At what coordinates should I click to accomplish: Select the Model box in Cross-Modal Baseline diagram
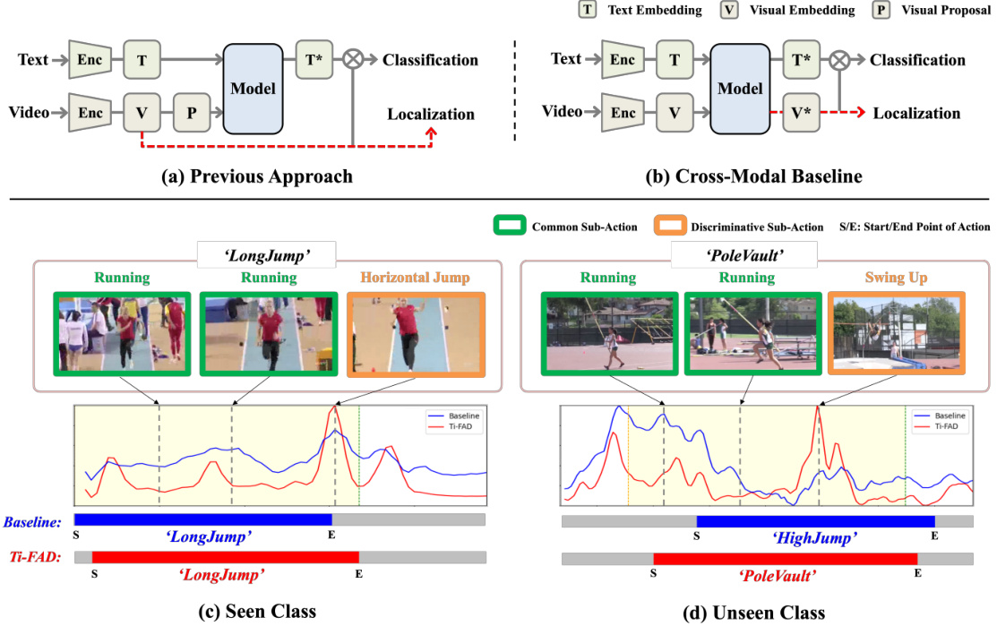[740, 89]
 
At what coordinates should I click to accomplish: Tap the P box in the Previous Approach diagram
[191, 113]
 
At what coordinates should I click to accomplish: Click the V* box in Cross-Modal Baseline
[802, 113]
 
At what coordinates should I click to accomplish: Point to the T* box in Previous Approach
[315, 60]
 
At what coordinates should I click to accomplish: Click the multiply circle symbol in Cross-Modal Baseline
[839, 60]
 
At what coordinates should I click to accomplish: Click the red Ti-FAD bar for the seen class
[225, 557]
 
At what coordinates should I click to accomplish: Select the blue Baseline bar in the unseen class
[815, 521]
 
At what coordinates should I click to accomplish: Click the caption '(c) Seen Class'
[257, 613]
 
